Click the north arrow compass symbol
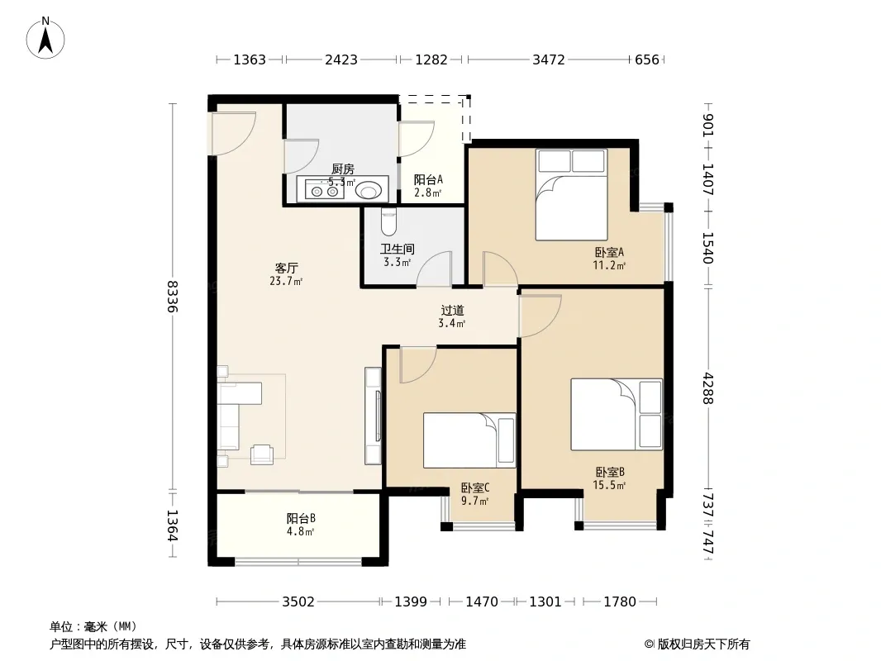pos(45,38)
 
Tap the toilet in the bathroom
pos(388,221)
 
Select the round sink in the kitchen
pos(368,191)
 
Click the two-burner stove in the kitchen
pos(325,191)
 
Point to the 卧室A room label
pos(610,253)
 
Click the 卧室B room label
pos(610,473)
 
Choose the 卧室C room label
pos(475,488)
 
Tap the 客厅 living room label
pos(286,269)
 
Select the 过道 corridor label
pos(452,310)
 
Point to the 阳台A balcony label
pos(428,180)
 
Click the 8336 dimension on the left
pos(173,297)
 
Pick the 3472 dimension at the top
pos(549,59)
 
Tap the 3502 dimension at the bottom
pos(298,602)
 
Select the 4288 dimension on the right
pos(708,388)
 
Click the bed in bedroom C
pos(469,440)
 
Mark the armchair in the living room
pos(262,454)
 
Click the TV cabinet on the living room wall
pos(373,416)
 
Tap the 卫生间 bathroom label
pos(398,249)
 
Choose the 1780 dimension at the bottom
pos(620,602)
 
